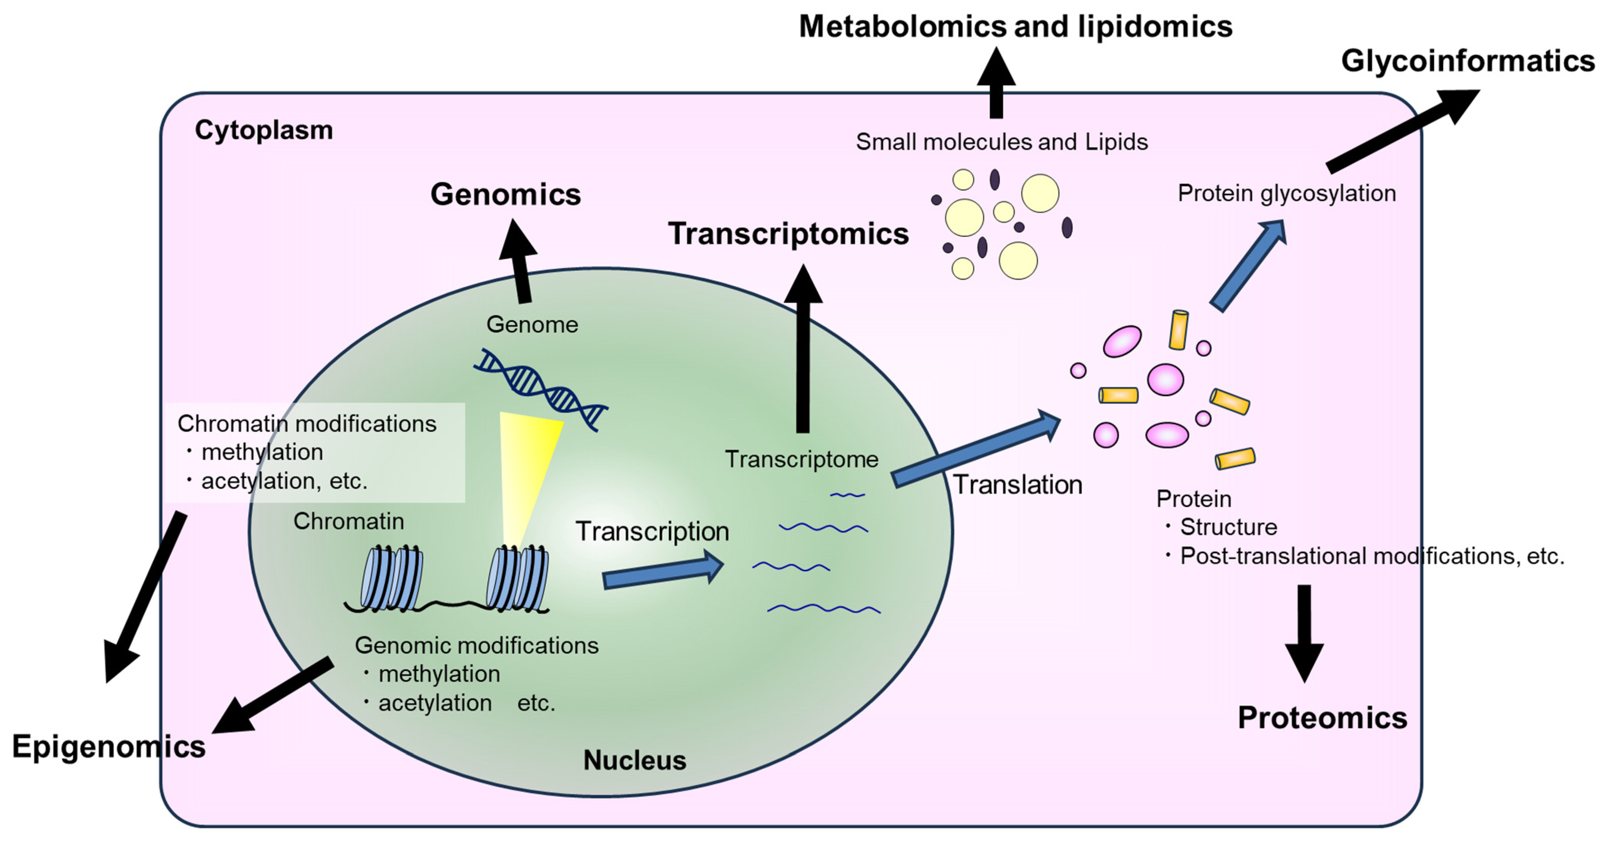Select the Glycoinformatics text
pyautogui.click(x=1467, y=61)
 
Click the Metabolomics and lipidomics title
pyautogui.click(x=1015, y=27)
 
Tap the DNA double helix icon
pyautogui.click(x=540, y=389)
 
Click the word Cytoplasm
pyautogui.click(x=264, y=130)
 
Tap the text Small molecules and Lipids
pyautogui.click(x=1001, y=142)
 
